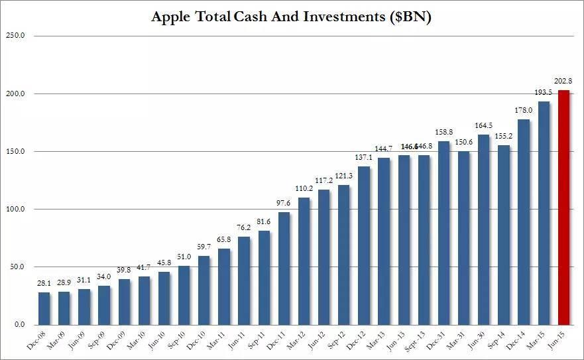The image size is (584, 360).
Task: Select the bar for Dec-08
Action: point(44,308)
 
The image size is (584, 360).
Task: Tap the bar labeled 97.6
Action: point(284,269)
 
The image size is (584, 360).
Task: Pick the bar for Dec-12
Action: point(363,245)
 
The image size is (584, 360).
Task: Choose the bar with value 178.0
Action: point(524,222)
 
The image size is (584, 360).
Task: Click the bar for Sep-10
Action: point(184,295)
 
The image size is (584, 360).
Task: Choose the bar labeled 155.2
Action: point(503,235)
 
